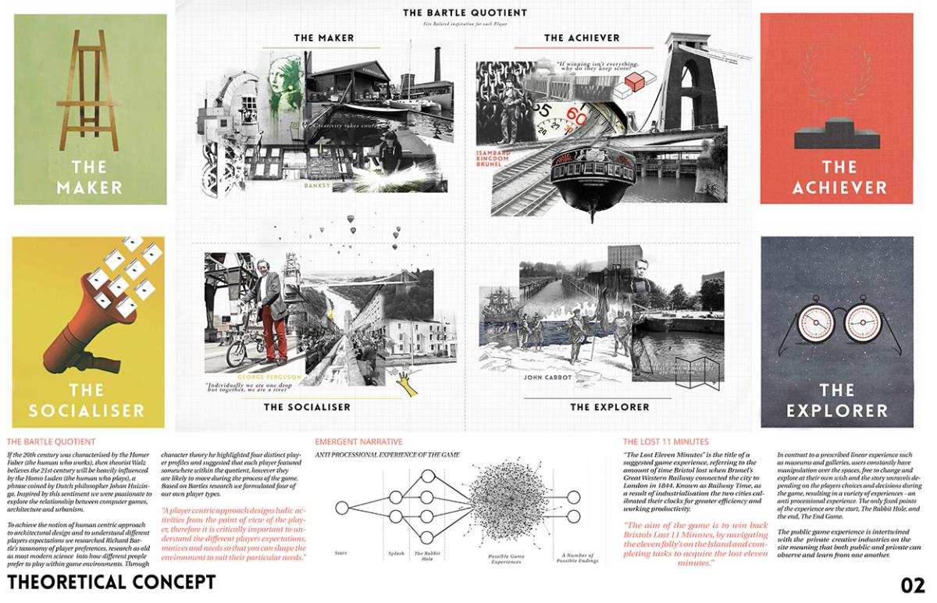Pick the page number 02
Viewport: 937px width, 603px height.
coord(912,585)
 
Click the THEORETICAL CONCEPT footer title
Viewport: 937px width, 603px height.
coord(111,583)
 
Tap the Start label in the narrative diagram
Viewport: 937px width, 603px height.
coord(340,553)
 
